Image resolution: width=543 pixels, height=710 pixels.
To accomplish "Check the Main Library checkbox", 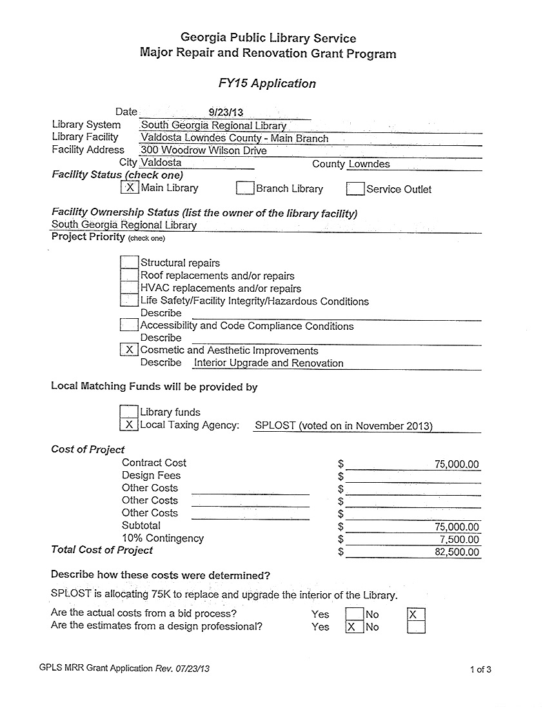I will pyautogui.click(x=130, y=188).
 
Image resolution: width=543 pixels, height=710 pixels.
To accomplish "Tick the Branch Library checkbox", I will pyautogui.click(x=245, y=188).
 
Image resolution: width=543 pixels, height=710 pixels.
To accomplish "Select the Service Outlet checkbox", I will pyautogui.click(x=355, y=189).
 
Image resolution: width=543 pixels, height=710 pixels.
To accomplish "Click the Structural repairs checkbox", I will pyautogui.click(x=130, y=262).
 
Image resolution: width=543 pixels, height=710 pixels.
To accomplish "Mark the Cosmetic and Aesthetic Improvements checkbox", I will pyautogui.click(x=130, y=350).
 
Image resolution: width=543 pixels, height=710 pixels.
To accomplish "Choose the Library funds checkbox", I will pyautogui.click(x=129, y=412).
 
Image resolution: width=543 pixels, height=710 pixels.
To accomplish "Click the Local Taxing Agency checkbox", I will pyautogui.click(x=129, y=425).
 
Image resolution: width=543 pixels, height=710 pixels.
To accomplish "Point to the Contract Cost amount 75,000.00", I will pyautogui.click(x=457, y=464).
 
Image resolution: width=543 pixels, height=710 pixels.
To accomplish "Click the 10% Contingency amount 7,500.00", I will pyautogui.click(x=459, y=540).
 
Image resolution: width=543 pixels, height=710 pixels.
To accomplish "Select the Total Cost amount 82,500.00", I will pyautogui.click(x=457, y=552).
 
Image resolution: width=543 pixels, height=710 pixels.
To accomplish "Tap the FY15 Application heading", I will pyautogui.click(x=268, y=83).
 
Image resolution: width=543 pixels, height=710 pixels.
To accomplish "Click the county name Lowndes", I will pyautogui.click(x=369, y=164).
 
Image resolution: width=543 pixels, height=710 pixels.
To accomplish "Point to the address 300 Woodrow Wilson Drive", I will pyautogui.click(x=204, y=150).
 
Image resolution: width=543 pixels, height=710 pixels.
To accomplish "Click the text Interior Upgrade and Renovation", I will pyautogui.click(x=269, y=363).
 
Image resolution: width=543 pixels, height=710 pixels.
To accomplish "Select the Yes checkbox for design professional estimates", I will pyautogui.click(x=355, y=627).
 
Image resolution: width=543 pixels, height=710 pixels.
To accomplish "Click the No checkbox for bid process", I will pyautogui.click(x=417, y=614).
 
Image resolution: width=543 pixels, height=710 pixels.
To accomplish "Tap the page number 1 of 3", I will pyautogui.click(x=480, y=669).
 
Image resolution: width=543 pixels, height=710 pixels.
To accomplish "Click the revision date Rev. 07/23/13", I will pyautogui.click(x=183, y=669).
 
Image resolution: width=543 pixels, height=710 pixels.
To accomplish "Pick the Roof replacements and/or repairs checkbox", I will pyautogui.click(x=130, y=275).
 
